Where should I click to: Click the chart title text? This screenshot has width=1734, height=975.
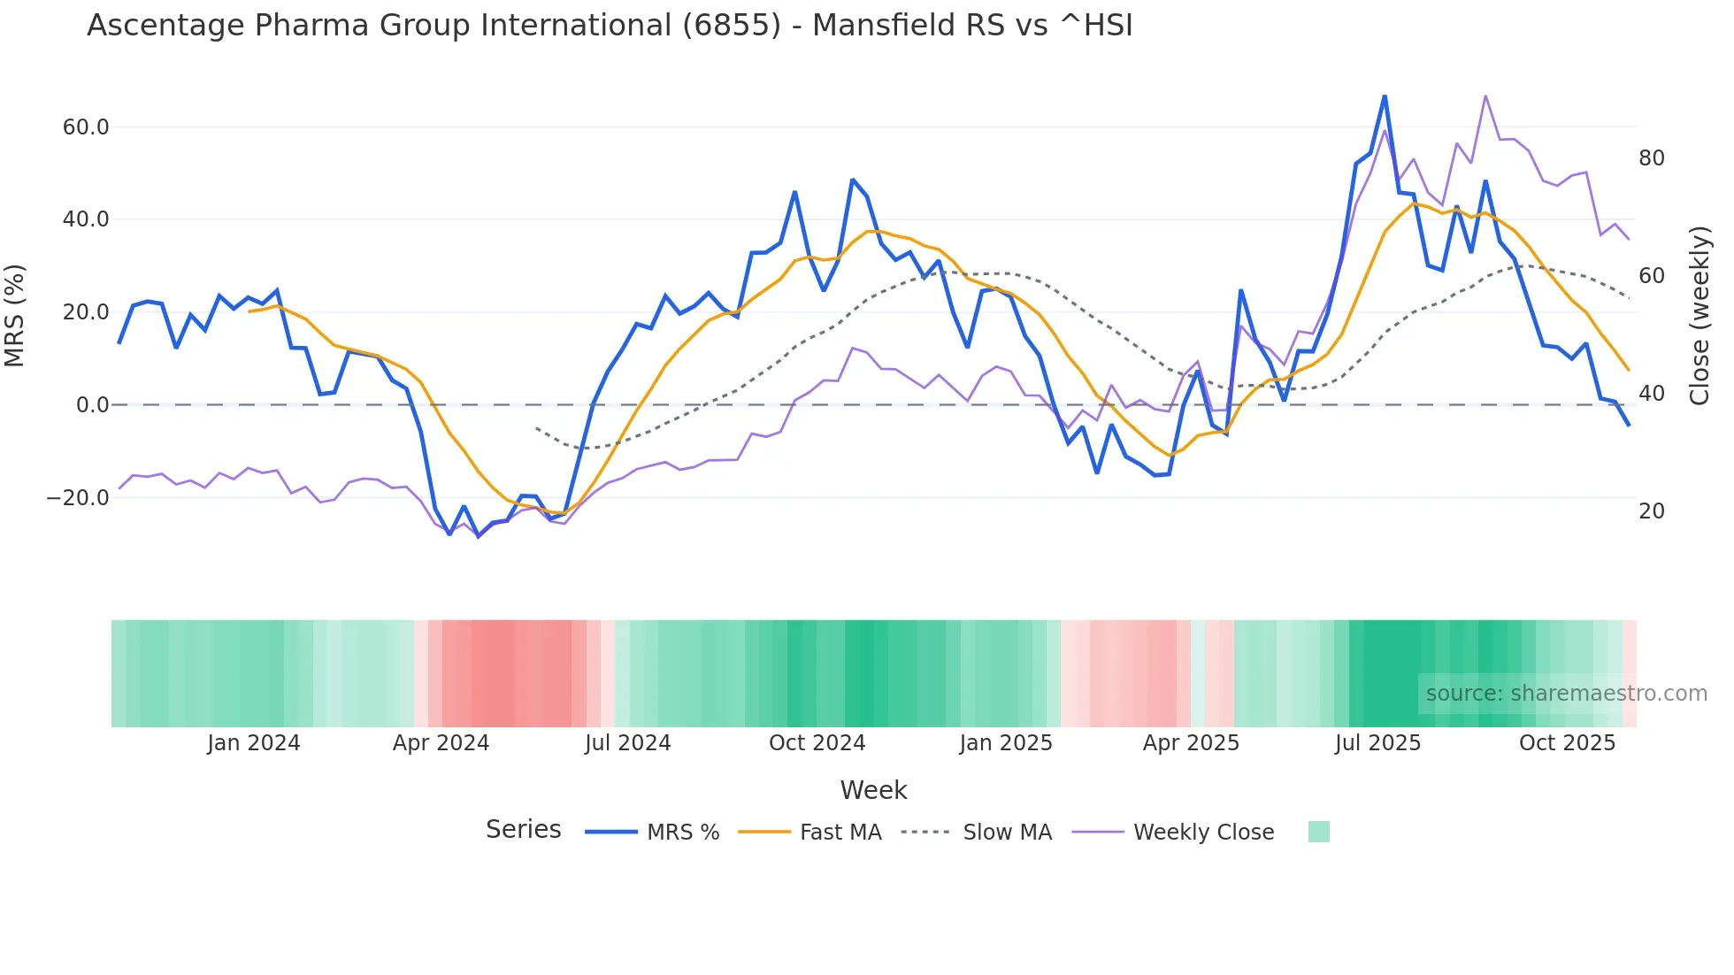click(x=610, y=26)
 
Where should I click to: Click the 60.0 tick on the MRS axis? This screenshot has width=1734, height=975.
click(x=86, y=127)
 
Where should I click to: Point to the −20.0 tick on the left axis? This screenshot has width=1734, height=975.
click(x=78, y=498)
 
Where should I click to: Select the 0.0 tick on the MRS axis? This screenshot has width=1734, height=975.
click(x=92, y=405)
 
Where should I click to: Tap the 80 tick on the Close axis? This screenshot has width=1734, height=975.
click(x=1651, y=158)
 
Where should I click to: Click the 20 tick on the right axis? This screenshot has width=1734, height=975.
click(x=1651, y=511)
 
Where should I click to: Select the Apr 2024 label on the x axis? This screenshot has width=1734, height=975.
click(x=441, y=743)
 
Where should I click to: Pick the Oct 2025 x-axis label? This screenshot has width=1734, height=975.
click(x=1567, y=743)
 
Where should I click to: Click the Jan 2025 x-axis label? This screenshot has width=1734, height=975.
click(x=1006, y=743)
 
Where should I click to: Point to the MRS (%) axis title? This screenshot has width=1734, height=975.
click(x=15, y=316)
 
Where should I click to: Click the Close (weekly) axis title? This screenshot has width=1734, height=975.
click(x=1699, y=316)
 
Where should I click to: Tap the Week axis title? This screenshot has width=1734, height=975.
click(x=873, y=790)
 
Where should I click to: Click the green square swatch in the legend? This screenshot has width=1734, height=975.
click(x=1318, y=832)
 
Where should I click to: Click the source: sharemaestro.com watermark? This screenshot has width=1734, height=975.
click(x=1566, y=694)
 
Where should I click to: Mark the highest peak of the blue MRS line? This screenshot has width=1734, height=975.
click(x=1385, y=96)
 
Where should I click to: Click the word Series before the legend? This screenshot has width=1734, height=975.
click(x=523, y=830)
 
